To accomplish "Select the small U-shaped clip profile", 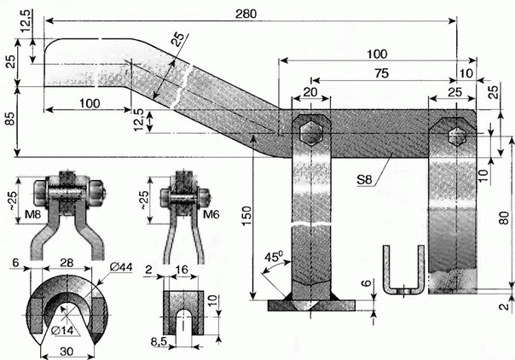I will click(402, 272).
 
